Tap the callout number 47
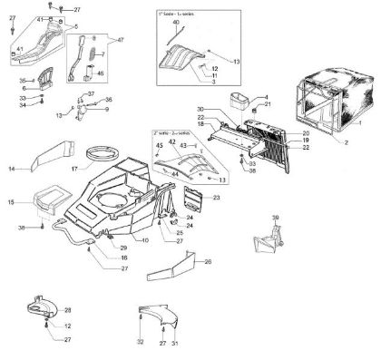click(x=120, y=41)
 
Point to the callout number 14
click(x=13, y=169)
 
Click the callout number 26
click(x=208, y=262)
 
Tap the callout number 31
click(x=175, y=344)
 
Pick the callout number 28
click(x=67, y=310)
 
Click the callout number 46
click(x=100, y=74)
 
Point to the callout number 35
click(x=24, y=81)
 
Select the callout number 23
click(x=217, y=197)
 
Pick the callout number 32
click(x=141, y=344)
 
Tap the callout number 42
click(x=172, y=141)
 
